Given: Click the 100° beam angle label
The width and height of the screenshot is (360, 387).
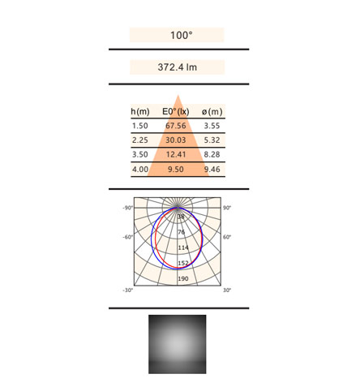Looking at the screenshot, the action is pos(182,35).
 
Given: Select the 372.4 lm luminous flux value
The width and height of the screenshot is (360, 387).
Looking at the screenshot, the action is pos(178,67).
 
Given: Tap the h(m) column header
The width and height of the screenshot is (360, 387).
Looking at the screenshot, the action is pos(140,111).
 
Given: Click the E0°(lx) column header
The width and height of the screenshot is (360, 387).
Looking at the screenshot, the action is pos(176,111).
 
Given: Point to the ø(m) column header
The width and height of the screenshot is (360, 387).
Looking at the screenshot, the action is pos(212,111).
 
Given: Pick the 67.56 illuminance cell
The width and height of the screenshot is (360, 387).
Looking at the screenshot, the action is pos(176,126).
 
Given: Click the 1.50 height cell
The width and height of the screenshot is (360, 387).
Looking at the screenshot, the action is pos(140,126).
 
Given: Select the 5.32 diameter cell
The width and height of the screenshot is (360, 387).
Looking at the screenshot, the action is pos(212,140).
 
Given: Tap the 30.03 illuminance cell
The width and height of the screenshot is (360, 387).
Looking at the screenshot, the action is pos(176,140).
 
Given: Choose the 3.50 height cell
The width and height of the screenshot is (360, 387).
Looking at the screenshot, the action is pos(140,154).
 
